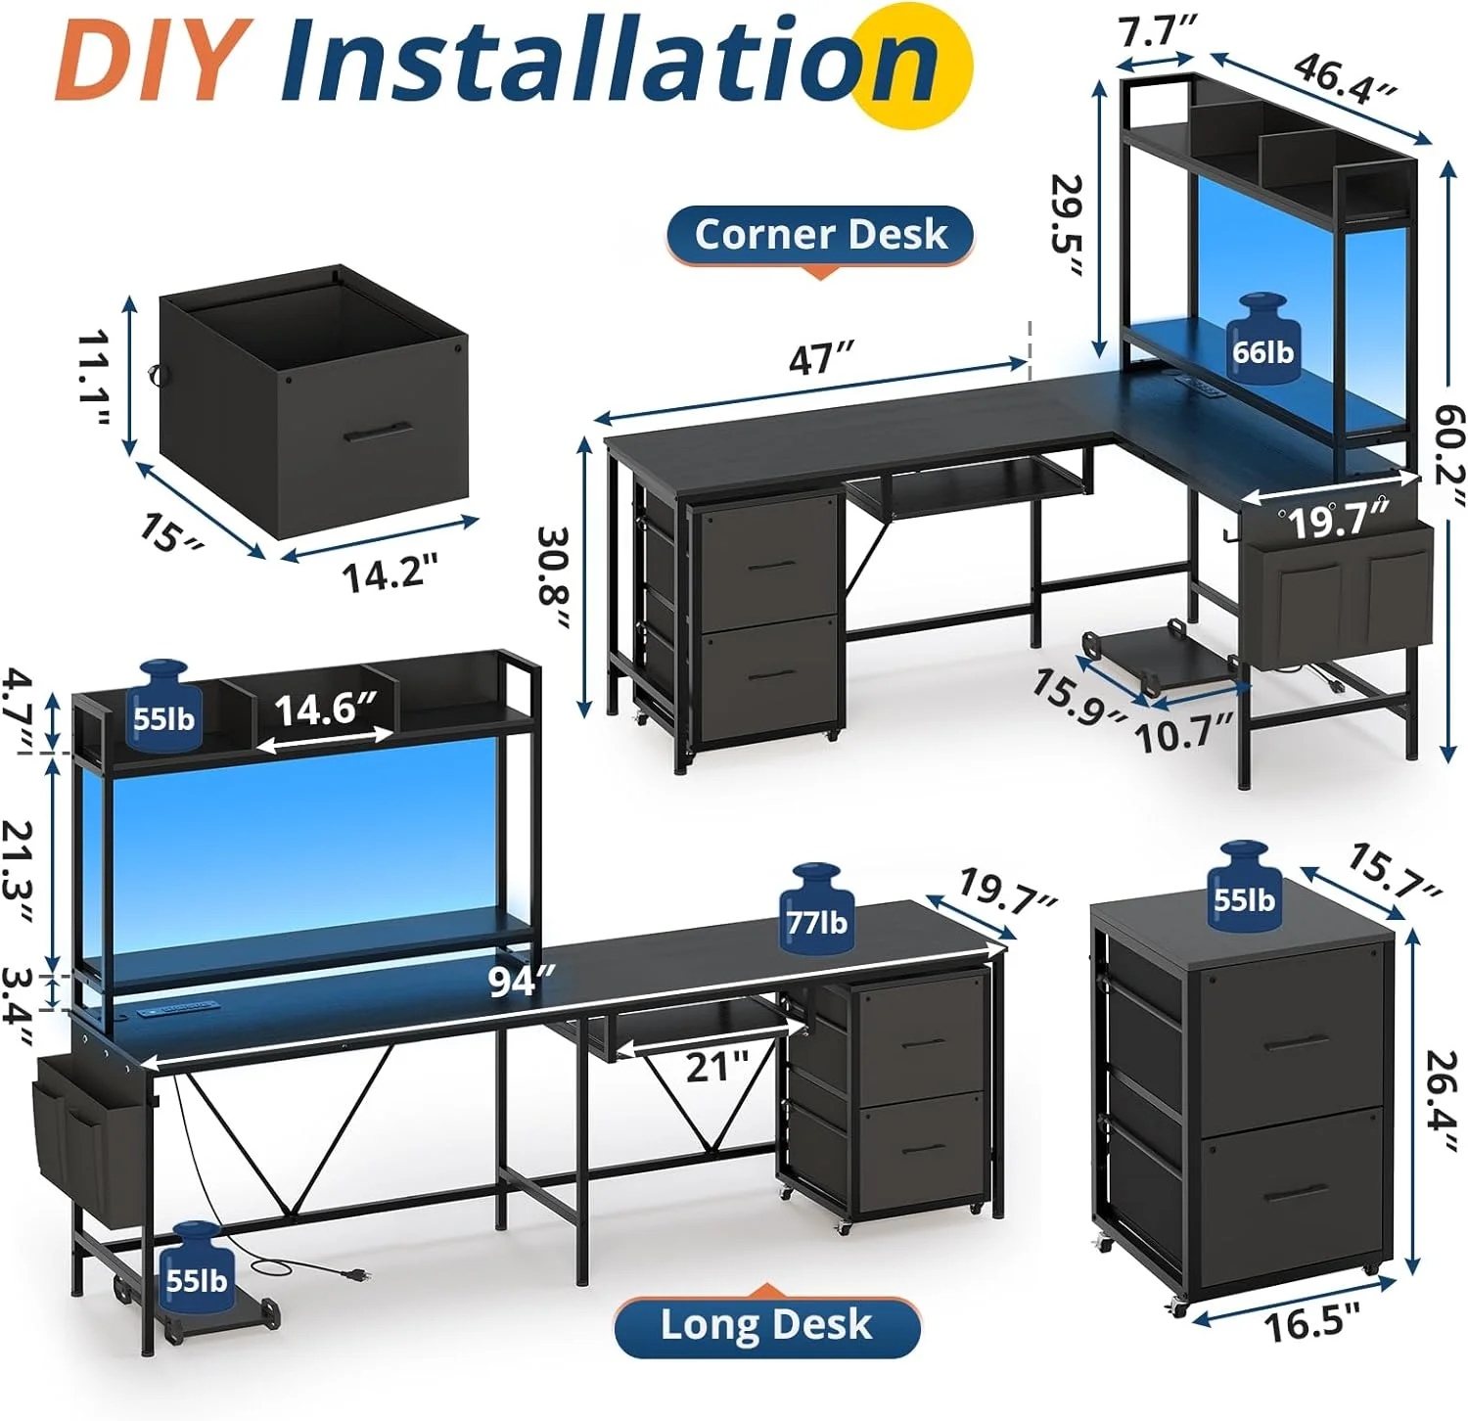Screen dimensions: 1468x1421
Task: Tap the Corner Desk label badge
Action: click(x=820, y=235)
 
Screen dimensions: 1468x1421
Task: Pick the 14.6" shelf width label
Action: click(x=325, y=709)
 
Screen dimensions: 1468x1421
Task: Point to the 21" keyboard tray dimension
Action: click(x=716, y=1066)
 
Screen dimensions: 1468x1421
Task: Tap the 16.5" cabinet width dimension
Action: click(x=1311, y=1324)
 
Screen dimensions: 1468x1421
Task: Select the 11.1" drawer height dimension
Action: click(x=95, y=378)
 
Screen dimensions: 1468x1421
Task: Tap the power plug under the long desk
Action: click(x=352, y=1273)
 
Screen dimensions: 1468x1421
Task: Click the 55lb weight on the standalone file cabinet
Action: click(x=1243, y=886)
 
